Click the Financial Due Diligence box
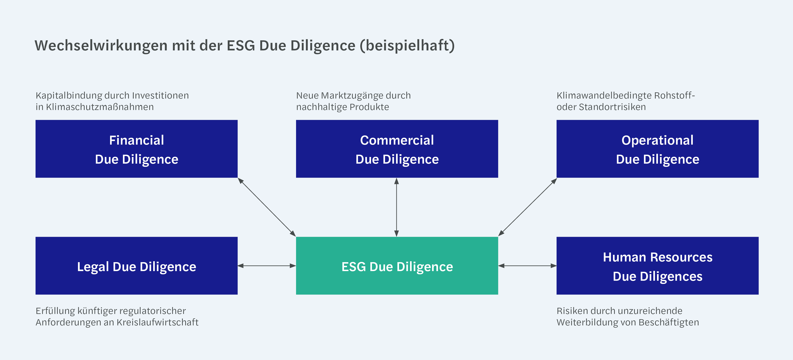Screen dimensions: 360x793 (x=136, y=149)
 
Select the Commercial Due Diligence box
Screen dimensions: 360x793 (x=397, y=149)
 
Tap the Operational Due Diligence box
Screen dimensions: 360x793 (x=657, y=149)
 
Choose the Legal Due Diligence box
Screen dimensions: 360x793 (x=136, y=266)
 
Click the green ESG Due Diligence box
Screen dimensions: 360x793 (x=397, y=266)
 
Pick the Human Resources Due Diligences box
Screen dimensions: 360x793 (x=657, y=266)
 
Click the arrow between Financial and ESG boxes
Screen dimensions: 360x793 (x=267, y=207)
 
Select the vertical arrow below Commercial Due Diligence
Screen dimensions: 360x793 (x=396, y=207)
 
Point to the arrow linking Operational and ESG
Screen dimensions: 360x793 (x=527, y=207)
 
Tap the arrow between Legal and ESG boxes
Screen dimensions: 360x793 (x=267, y=266)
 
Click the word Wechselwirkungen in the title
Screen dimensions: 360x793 (x=101, y=46)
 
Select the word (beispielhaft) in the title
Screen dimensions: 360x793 (x=407, y=46)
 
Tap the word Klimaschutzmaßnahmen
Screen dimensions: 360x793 (x=100, y=107)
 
